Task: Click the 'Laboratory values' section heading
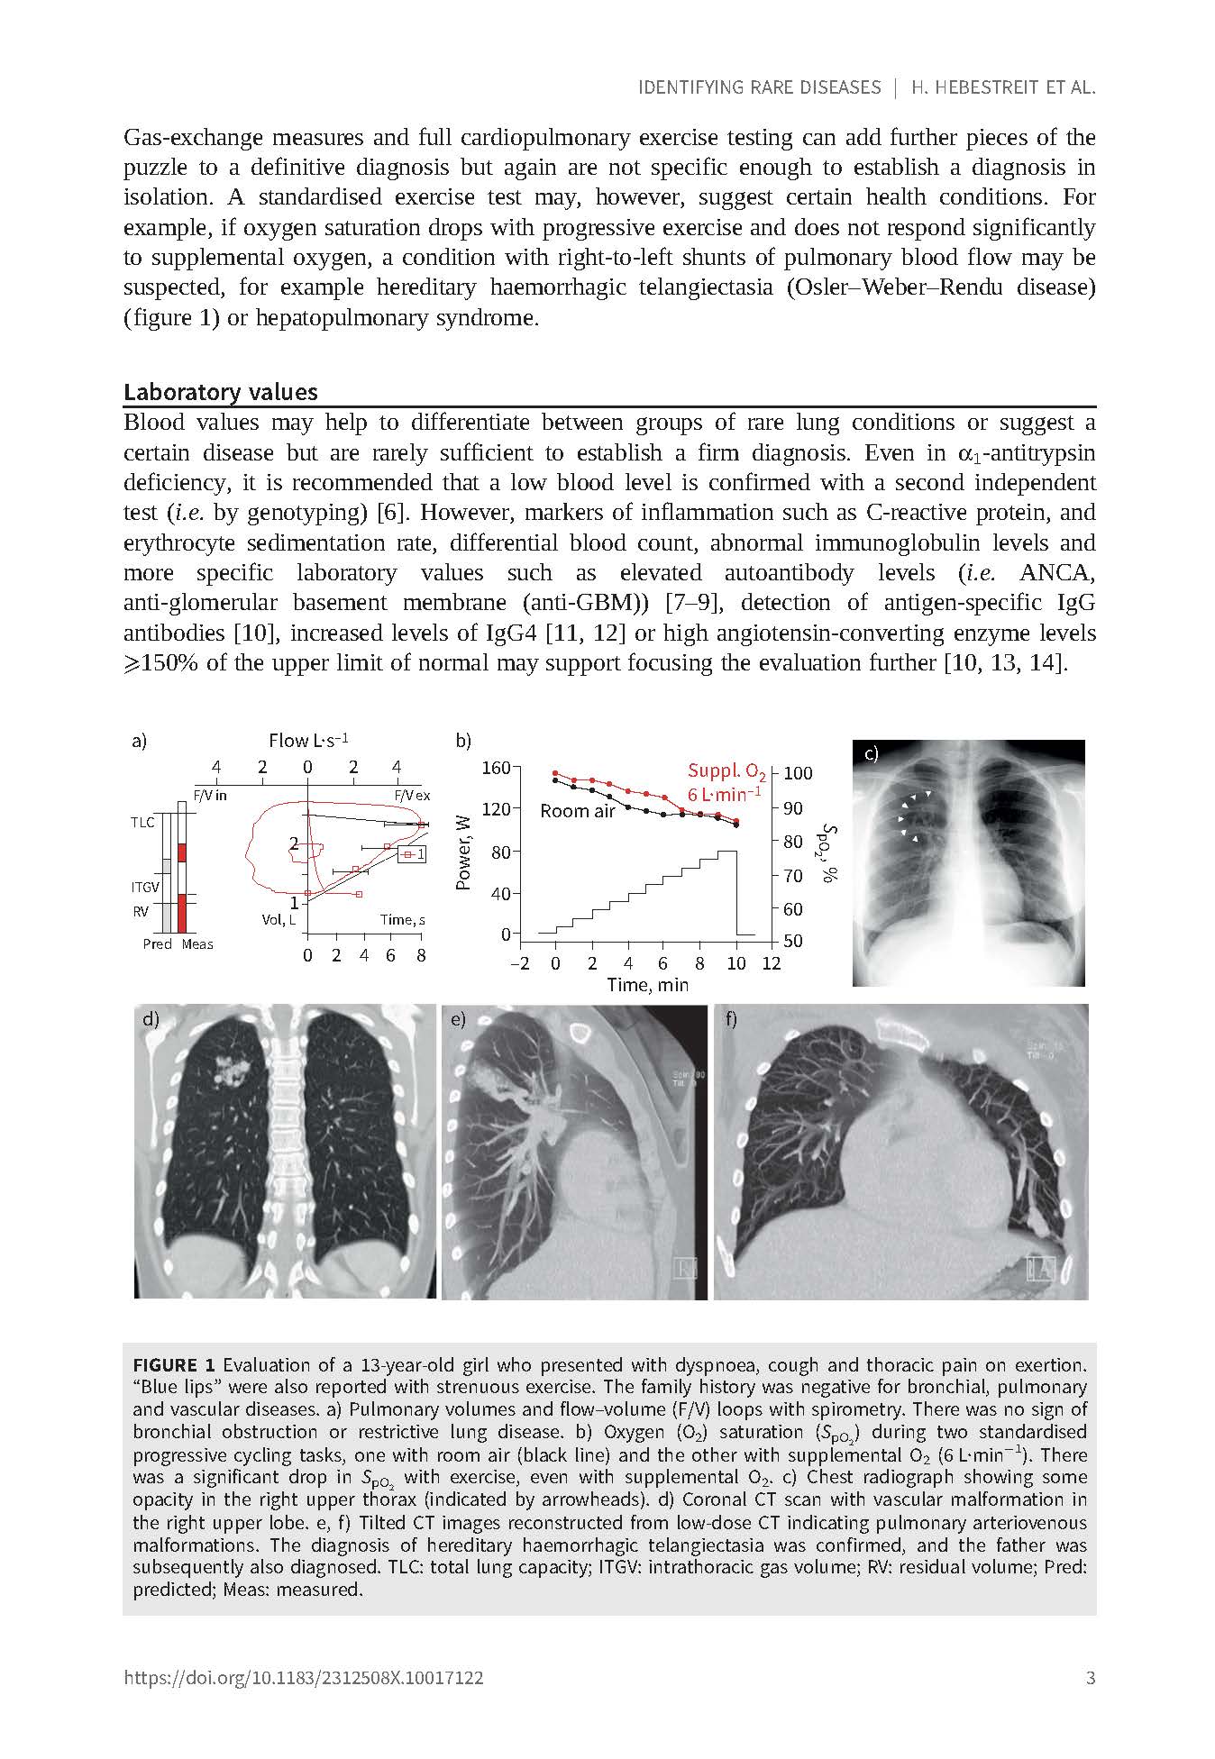[x=221, y=392]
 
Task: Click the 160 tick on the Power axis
[x=497, y=768]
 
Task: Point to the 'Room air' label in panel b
[x=577, y=811]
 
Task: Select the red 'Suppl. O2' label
[x=726, y=771]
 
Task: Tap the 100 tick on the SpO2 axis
[x=799, y=773]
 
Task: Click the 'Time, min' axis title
[x=647, y=984]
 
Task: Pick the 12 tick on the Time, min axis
[x=772, y=963]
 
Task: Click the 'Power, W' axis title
[x=464, y=852]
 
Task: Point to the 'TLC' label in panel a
[x=142, y=822]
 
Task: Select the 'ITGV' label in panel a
[x=144, y=888]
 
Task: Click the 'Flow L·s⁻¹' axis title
[x=308, y=741]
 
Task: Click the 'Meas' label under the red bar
[x=197, y=944]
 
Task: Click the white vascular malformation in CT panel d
[x=232, y=1071]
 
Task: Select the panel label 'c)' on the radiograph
[x=871, y=755]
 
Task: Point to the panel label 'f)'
[x=731, y=1019]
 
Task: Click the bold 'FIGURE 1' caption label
[x=174, y=1364]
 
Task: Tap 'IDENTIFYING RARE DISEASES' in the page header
[x=759, y=87]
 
